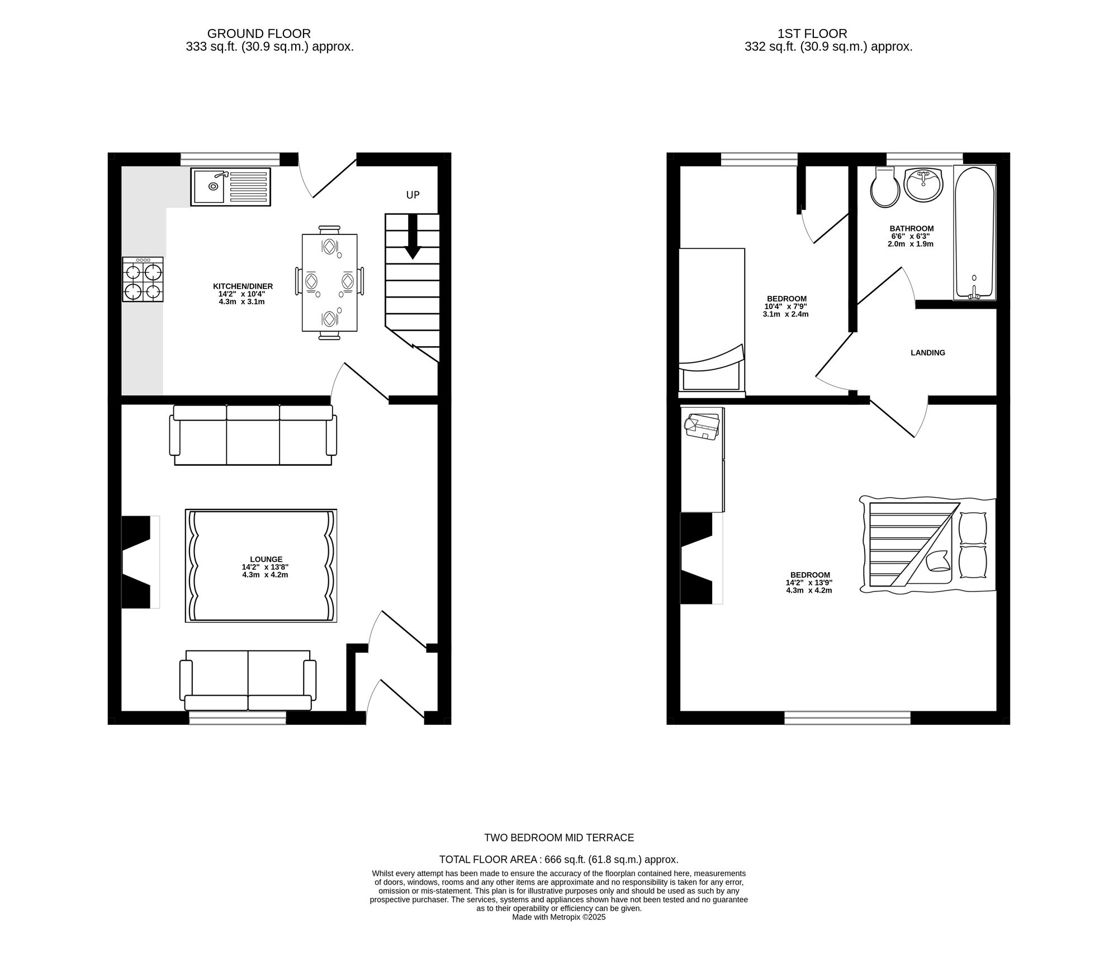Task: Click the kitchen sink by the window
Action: click(230, 187)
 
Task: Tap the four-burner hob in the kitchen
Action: click(143, 280)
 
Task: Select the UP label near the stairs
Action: click(413, 195)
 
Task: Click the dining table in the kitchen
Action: click(329, 282)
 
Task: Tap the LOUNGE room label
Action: click(266, 559)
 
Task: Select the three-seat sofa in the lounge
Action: click(253, 436)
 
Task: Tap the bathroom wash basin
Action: click(923, 185)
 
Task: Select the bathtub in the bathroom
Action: click(974, 232)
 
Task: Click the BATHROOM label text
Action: click(911, 229)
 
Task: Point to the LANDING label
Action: click(927, 353)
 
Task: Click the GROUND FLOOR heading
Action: click(258, 34)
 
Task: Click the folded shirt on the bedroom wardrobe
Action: click(702, 426)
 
